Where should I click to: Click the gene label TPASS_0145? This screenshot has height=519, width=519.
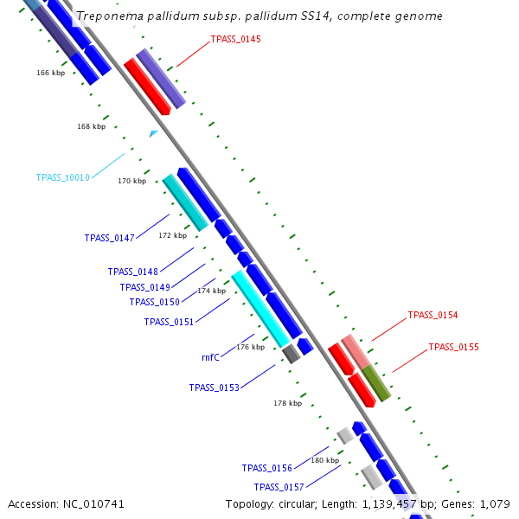pyautogui.click(x=235, y=40)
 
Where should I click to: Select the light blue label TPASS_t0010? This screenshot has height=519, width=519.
pyautogui.click(x=62, y=177)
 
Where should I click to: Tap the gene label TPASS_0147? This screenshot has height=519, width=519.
pyautogui.click(x=109, y=238)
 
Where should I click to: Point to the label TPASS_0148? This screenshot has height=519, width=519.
pyautogui.click(x=132, y=272)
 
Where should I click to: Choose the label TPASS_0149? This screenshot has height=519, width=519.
pyautogui.click(x=144, y=287)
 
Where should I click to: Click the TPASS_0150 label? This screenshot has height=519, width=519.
pyautogui.click(x=154, y=302)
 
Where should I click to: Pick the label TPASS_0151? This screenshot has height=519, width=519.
pyautogui.click(x=169, y=322)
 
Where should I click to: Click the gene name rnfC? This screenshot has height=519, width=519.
pyautogui.click(x=210, y=356)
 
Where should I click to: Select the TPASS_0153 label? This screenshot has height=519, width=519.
pyautogui.click(x=214, y=388)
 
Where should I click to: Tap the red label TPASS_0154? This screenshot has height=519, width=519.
pyautogui.click(x=432, y=315)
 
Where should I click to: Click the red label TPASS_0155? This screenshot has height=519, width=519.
pyautogui.click(x=453, y=347)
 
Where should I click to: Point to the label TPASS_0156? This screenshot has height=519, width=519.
pyautogui.click(x=266, y=468)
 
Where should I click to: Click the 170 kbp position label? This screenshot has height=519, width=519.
pyautogui.click(x=131, y=181)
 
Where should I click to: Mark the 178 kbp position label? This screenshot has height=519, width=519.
pyautogui.click(x=287, y=403)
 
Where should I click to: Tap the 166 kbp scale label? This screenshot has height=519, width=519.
pyautogui.click(x=50, y=73)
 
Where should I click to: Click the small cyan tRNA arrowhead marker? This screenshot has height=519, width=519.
pyautogui.click(x=153, y=133)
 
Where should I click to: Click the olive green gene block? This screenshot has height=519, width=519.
pyautogui.click(x=375, y=382)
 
